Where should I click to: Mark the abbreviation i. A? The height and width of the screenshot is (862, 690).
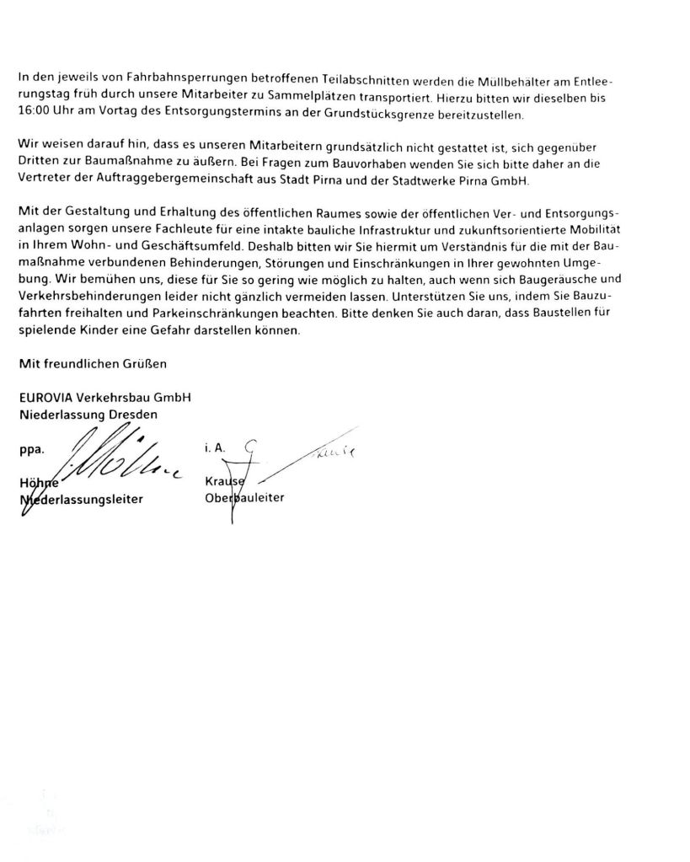pyautogui.click(x=215, y=450)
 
